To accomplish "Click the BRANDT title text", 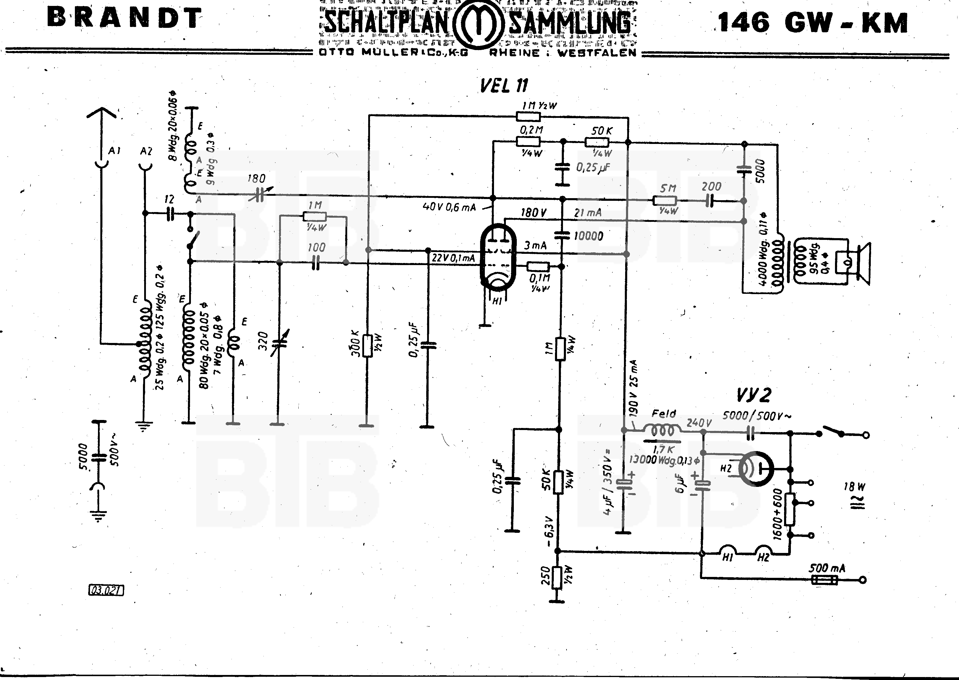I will (124, 18).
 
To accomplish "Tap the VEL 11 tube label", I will (503, 86).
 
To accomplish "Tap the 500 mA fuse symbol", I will (824, 580).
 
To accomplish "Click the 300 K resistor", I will (367, 345).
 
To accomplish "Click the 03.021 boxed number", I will (106, 590).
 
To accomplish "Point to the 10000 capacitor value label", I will (588, 236).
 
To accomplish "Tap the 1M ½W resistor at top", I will (528, 116).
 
